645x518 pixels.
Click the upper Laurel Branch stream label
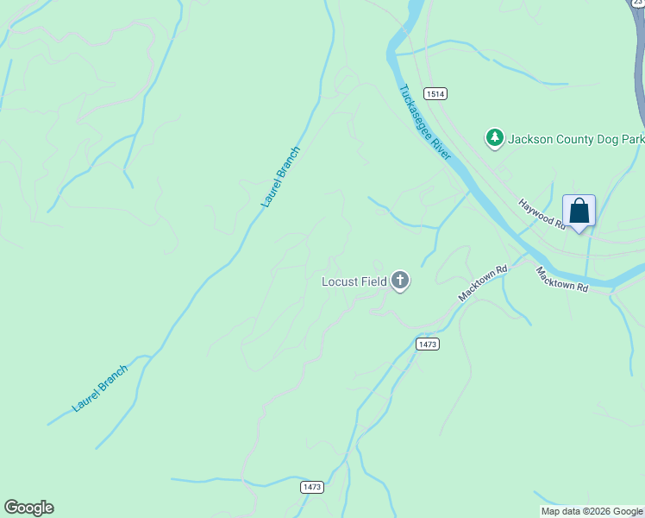click(x=281, y=177)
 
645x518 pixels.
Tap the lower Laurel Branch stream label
click(x=100, y=388)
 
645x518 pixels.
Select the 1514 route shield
click(x=435, y=93)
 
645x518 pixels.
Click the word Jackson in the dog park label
click(x=529, y=138)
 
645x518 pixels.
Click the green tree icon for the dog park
click(x=495, y=137)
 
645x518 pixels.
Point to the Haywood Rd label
click(x=541, y=215)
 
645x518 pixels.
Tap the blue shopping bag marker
click(x=579, y=211)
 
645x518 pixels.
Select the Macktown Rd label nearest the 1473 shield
click(x=483, y=282)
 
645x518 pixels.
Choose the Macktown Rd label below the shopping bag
click(x=561, y=279)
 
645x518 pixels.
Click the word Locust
click(x=340, y=281)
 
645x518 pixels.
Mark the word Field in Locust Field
click(x=373, y=281)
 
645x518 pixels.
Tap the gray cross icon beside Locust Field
click(x=399, y=281)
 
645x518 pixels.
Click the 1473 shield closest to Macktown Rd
click(x=427, y=344)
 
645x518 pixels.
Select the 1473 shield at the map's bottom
click(x=312, y=487)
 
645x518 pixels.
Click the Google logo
click(x=28, y=508)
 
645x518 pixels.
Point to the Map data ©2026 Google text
click(x=591, y=511)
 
